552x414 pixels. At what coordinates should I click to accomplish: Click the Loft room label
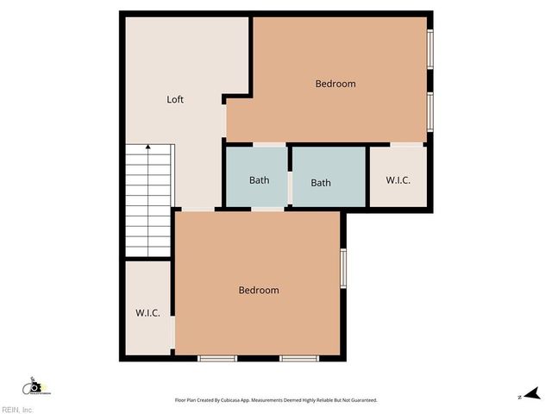(175, 99)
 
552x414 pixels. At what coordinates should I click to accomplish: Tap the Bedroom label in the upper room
(335, 84)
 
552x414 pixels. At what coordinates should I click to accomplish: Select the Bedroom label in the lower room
(259, 291)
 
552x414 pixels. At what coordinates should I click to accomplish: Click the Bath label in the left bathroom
(259, 180)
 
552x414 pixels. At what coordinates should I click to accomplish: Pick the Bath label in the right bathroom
(321, 182)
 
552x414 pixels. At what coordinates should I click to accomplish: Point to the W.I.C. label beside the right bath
(398, 180)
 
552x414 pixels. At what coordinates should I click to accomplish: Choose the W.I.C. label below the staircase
(147, 313)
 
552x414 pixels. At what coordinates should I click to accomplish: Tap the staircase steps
(148, 203)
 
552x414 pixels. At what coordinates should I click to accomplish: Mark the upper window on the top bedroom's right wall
(430, 50)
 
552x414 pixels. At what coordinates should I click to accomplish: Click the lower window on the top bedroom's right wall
(430, 110)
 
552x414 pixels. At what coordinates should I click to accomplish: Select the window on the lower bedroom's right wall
(343, 267)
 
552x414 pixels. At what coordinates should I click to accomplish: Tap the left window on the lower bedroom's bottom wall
(217, 358)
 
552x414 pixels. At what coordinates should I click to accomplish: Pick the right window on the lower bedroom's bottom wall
(298, 358)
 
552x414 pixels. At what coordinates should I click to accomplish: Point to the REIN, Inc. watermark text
(17, 409)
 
